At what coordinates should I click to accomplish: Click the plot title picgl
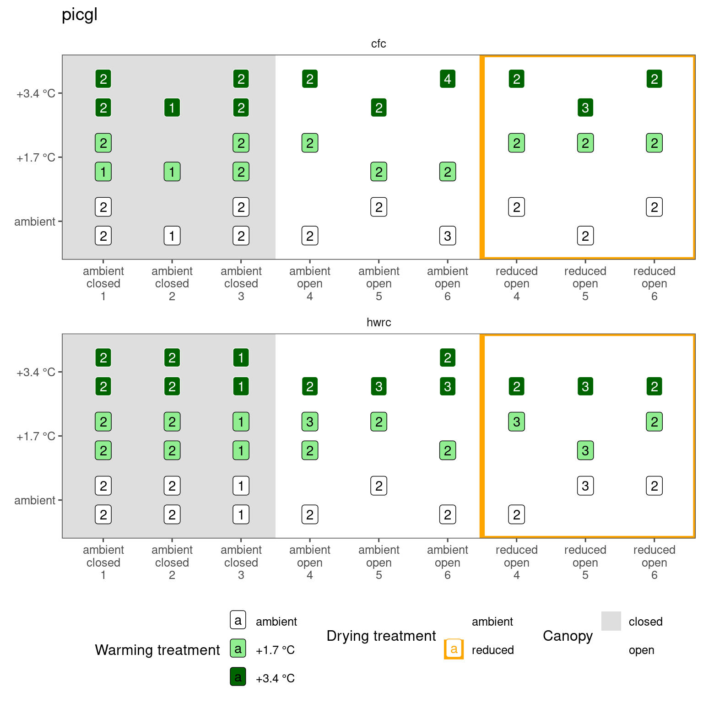click(80, 15)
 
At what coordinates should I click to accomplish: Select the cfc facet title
click(379, 43)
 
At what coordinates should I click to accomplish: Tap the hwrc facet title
click(379, 322)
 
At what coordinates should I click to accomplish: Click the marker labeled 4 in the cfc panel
click(448, 79)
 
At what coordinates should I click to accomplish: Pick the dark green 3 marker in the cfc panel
click(585, 108)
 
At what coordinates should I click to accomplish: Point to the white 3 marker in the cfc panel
click(448, 236)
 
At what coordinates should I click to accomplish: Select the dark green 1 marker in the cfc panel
click(172, 108)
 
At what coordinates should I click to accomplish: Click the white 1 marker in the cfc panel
click(172, 236)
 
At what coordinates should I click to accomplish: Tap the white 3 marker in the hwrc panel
click(585, 486)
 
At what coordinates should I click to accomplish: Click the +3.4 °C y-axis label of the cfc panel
click(36, 93)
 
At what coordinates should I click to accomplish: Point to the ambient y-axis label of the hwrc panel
click(35, 500)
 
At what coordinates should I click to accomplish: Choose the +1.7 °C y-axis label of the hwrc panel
click(36, 436)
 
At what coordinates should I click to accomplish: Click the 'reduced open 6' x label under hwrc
click(654, 562)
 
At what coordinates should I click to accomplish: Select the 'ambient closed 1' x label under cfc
click(103, 283)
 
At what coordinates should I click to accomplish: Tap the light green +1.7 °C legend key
click(238, 649)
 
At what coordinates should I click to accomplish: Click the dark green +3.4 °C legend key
click(238, 677)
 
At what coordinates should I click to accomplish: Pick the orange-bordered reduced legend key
click(454, 649)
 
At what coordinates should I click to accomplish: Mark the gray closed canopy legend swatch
click(611, 621)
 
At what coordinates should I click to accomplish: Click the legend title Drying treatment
click(381, 636)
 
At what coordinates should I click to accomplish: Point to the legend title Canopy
click(568, 636)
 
